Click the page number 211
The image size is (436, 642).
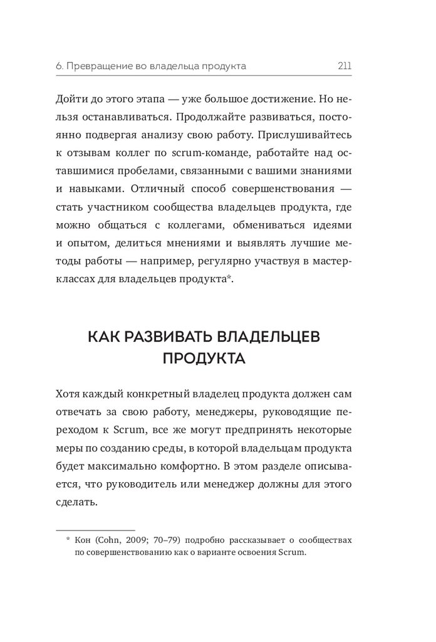[x=343, y=66]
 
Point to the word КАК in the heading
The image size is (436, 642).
[x=101, y=337]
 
